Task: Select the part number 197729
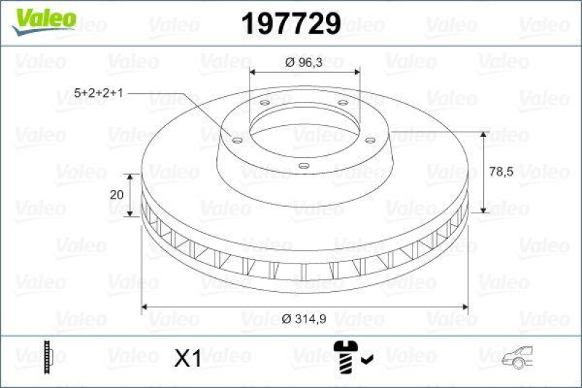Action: [x=290, y=24]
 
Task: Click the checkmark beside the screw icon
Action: [x=367, y=358]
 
